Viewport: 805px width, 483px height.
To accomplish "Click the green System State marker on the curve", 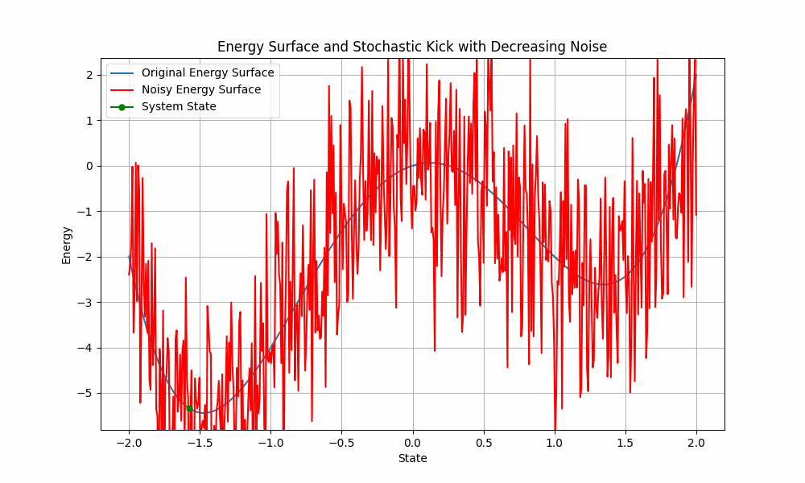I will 189,408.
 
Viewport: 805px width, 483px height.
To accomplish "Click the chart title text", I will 412,47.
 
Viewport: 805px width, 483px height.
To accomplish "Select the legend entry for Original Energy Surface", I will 208,72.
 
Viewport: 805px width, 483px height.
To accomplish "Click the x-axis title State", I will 412,458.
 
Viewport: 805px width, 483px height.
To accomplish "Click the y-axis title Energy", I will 66,245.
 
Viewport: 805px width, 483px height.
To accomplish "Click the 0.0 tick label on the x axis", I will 412,442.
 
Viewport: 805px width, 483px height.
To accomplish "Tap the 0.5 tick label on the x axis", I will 483,442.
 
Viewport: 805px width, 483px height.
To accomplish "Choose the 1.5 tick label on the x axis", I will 625,442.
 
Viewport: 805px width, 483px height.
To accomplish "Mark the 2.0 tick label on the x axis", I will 696,442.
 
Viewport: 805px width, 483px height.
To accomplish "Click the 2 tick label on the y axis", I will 89,75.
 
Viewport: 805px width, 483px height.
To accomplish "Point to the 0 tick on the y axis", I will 89,166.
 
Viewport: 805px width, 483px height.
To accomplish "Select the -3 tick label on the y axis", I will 86,303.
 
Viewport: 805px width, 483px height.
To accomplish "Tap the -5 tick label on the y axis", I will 86,394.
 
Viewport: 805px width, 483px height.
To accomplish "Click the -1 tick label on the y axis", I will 86,212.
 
